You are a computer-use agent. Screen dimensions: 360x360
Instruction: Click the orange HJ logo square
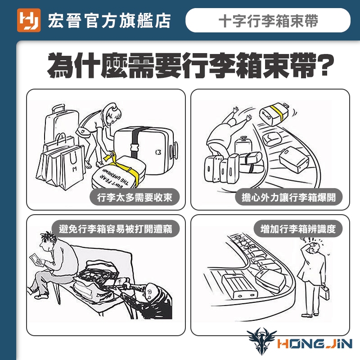coord(29,20)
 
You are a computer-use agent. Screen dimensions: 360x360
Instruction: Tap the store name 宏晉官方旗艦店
coord(109,21)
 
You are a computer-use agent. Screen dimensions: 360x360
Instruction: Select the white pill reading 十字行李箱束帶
coord(268,20)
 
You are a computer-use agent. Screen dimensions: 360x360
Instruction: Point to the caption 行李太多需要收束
coord(135,197)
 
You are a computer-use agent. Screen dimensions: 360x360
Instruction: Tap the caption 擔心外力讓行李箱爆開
coord(288,197)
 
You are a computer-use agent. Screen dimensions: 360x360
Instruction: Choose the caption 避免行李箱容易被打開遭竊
coord(115,229)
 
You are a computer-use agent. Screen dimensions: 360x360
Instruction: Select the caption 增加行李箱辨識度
coord(298,229)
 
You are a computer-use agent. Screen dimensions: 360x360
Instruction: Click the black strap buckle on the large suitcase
coord(135,148)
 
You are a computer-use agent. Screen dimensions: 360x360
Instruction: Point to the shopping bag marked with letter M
coord(72,167)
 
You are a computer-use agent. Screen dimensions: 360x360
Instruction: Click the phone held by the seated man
coord(36,260)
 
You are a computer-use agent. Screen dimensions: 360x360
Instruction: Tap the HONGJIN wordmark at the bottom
coord(315,344)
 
